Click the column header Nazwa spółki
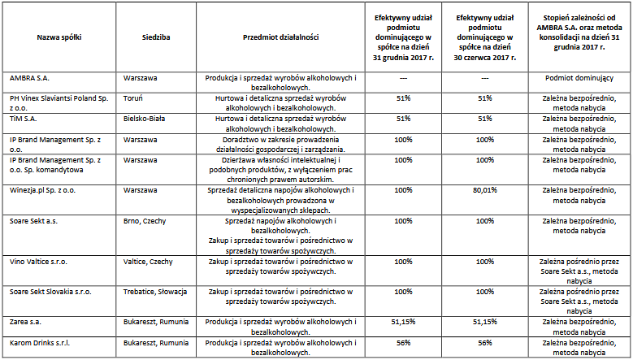pyautogui.click(x=59, y=37)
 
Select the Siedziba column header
pyautogui.click(x=156, y=37)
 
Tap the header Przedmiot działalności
pyautogui.click(x=280, y=37)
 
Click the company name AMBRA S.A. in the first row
pyautogui.click(x=29, y=78)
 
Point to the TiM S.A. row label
pyautogui.click(x=24, y=119)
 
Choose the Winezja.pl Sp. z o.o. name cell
pyautogui.click(x=42, y=190)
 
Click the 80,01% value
pyautogui.click(x=485, y=190)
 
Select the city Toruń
pyautogui.click(x=132, y=98)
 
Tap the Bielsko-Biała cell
pyautogui.click(x=144, y=119)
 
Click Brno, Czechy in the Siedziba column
pyautogui.click(x=145, y=221)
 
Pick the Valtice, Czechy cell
pyautogui.click(x=148, y=262)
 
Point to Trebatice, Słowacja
pyautogui.click(x=155, y=292)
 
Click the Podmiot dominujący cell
pyautogui.click(x=579, y=78)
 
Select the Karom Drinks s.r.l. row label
pyautogui.click(x=40, y=343)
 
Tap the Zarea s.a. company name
pyautogui.click(x=25, y=322)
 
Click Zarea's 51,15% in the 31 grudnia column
pyautogui.click(x=403, y=322)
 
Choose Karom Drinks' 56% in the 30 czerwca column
pyautogui.click(x=485, y=343)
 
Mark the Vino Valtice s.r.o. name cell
pyautogui.click(x=38, y=262)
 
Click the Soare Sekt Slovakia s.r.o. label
pyautogui.click(x=50, y=292)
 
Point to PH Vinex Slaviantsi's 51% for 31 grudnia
pyautogui.click(x=403, y=98)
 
